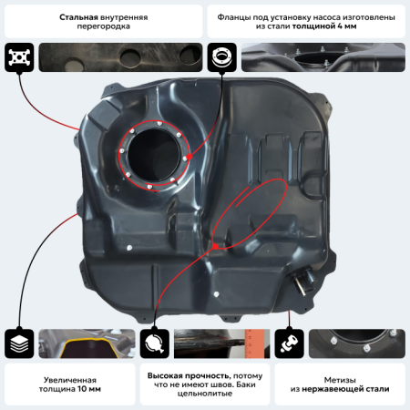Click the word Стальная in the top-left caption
[79, 17]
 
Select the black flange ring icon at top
[221, 56]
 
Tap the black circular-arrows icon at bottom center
[154, 343]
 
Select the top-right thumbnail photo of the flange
[323, 56]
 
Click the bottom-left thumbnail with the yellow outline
[87, 343]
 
